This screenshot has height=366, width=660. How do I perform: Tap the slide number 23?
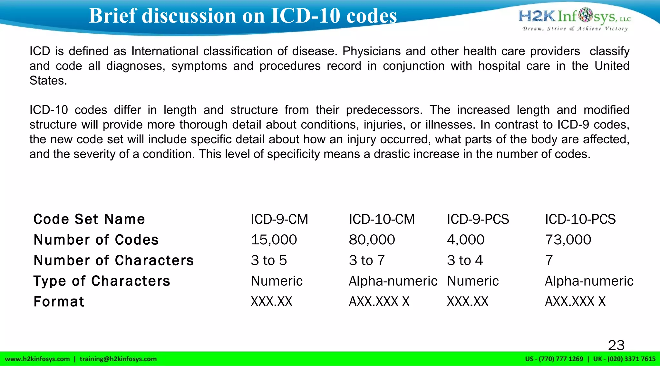pyautogui.click(x=616, y=345)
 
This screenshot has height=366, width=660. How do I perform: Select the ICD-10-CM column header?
pyautogui.click(x=382, y=219)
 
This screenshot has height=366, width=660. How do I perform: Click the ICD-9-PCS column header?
pyautogui.click(x=478, y=219)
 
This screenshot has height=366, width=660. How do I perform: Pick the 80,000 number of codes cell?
pyautogui.click(x=372, y=240)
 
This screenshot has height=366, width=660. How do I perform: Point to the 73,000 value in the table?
pyautogui.click(x=568, y=240)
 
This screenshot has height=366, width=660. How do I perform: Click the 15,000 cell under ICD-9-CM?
pyautogui.click(x=274, y=240)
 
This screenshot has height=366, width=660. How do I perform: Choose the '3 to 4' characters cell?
pyautogui.click(x=465, y=260)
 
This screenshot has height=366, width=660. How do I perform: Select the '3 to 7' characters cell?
pyautogui.click(x=367, y=260)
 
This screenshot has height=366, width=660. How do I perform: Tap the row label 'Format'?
pyautogui.click(x=59, y=302)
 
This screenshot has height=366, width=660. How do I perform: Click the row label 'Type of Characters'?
pyautogui.click(x=102, y=281)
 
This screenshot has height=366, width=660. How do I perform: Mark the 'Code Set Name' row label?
pyautogui.click(x=89, y=219)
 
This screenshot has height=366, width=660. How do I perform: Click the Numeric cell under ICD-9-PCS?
pyautogui.click(x=473, y=281)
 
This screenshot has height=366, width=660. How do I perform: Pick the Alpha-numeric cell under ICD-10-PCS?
pyautogui.click(x=589, y=281)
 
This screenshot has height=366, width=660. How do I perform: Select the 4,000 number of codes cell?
pyautogui.click(x=465, y=240)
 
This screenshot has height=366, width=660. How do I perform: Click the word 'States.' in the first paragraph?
pyautogui.click(x=48, y=81)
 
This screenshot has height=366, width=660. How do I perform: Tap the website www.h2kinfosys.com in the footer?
pyautogui.click(x=37, y=359)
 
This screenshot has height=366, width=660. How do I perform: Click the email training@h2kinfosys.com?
pyautogui.click(x=118, y=359)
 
